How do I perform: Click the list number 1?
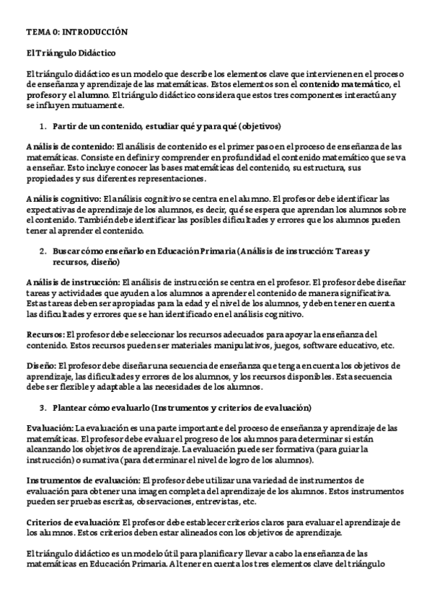42,127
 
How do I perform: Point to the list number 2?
42,251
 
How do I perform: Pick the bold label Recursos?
45,334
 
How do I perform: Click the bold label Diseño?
40,365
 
